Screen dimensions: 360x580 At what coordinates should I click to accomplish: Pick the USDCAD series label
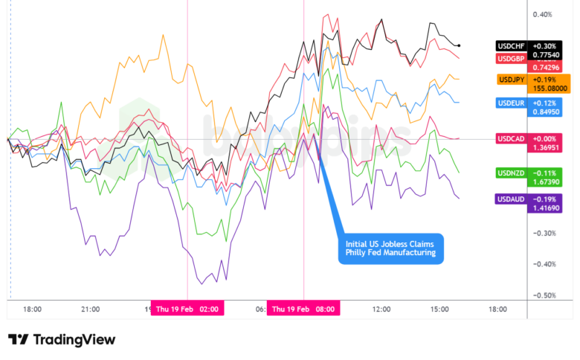512,138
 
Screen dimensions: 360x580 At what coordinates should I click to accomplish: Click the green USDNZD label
512,173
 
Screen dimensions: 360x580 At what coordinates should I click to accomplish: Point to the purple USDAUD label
512,199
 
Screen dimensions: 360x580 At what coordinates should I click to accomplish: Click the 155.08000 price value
551,88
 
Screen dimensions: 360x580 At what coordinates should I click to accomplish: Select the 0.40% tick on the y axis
542,15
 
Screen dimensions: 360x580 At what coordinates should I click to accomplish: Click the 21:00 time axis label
90,309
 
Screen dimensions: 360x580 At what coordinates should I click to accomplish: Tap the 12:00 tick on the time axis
381,309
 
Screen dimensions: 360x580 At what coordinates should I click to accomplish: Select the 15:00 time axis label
439,309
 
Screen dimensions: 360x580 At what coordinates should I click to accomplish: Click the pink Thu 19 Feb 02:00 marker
187,309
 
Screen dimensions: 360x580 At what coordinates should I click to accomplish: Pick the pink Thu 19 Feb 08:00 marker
303,309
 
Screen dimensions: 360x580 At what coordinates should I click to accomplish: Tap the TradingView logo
62,340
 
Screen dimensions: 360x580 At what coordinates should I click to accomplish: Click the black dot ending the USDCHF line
459,46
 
